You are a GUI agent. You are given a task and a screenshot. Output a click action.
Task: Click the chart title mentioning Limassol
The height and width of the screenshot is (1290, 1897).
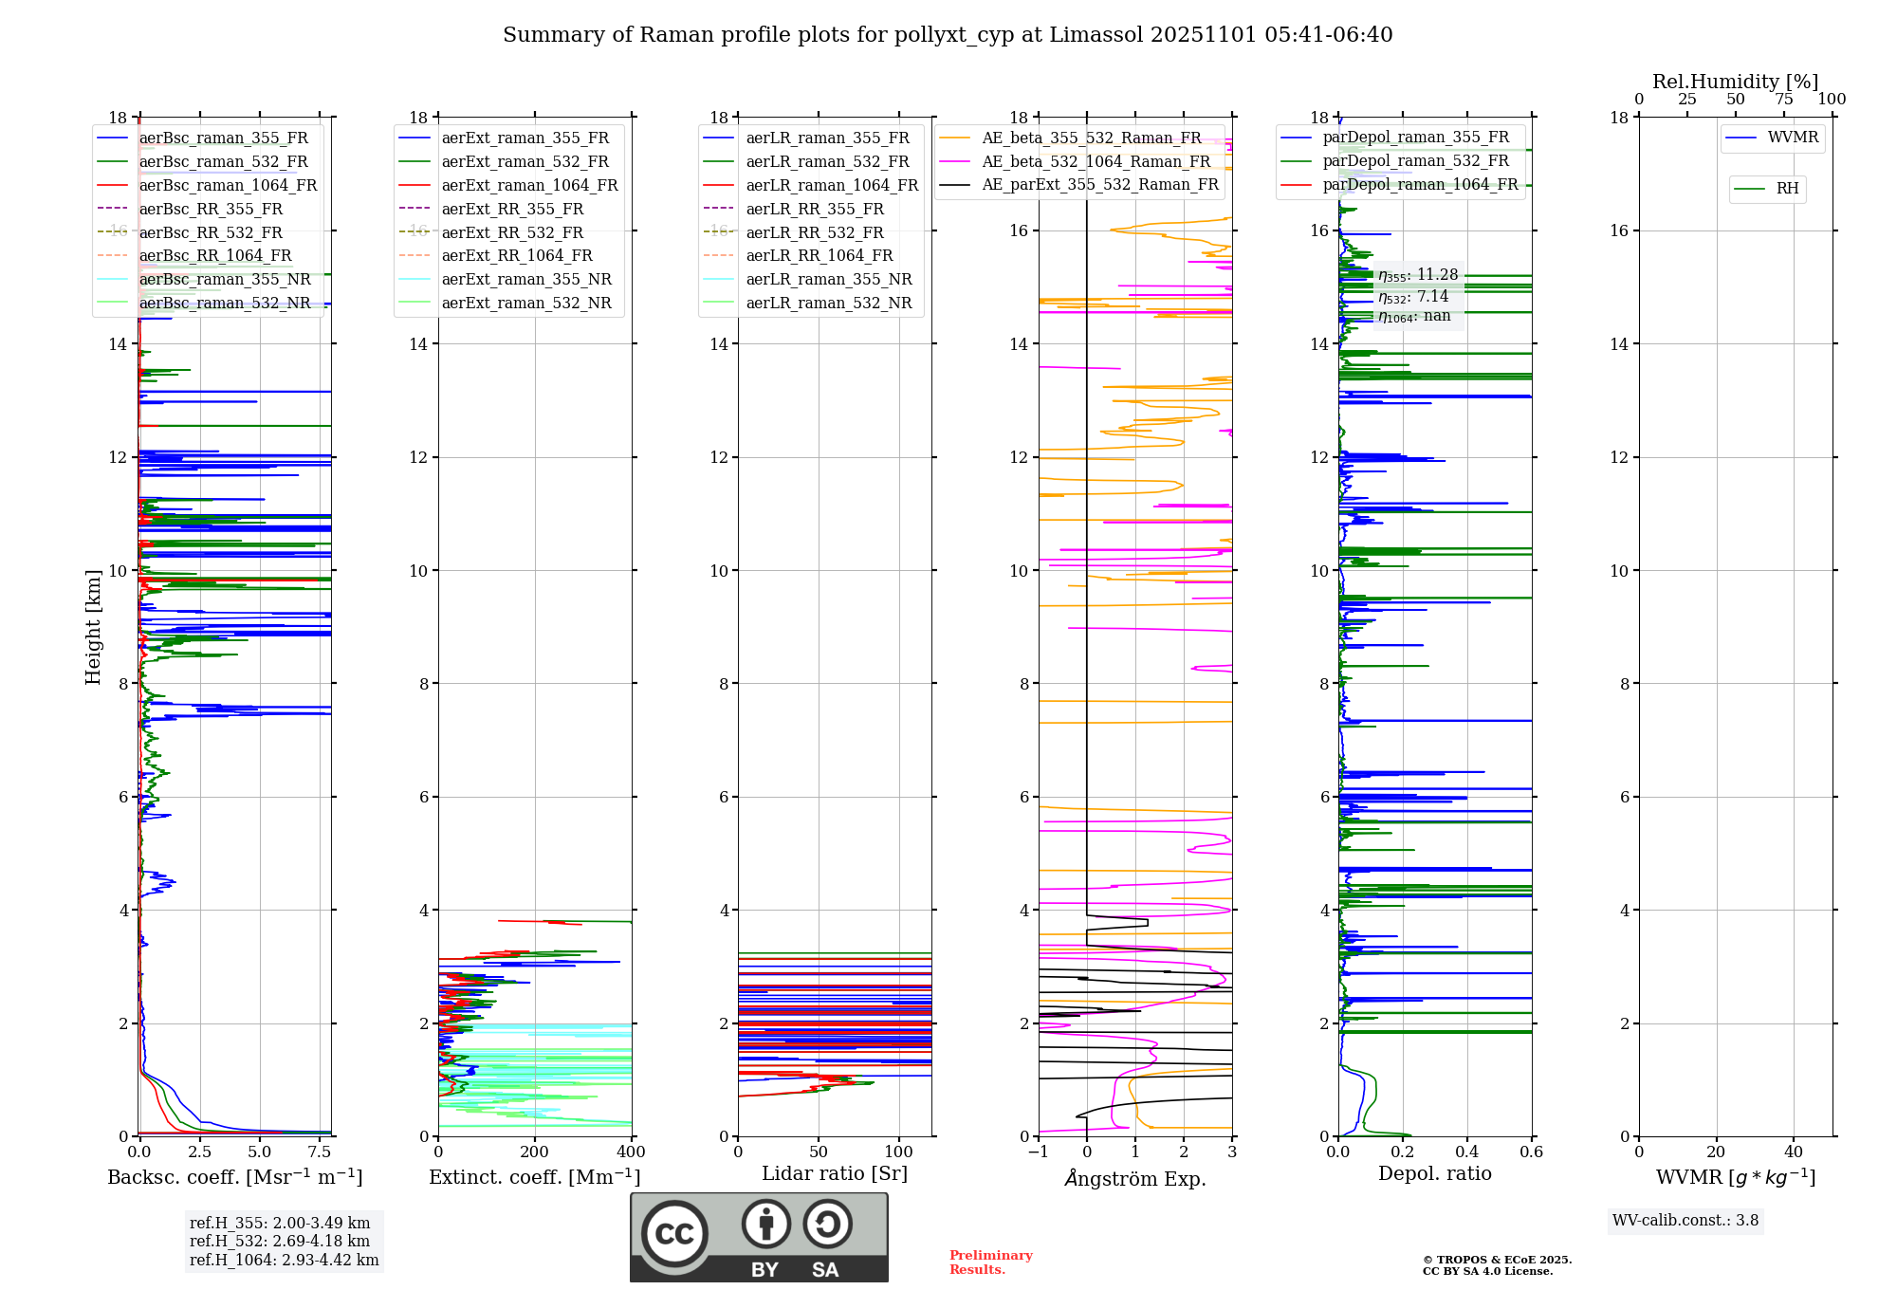click(948, 35)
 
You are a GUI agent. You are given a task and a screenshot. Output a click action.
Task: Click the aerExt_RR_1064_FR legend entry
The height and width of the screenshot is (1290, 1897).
click(517, 255)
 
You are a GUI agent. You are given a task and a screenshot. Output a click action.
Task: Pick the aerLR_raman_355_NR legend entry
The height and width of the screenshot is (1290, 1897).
click(828, 279)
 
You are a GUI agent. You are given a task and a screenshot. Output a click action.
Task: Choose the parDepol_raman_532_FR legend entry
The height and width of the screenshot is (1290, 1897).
click(1415, 160)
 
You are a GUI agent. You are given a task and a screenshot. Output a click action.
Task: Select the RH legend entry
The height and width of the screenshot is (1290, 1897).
click(1787, 189)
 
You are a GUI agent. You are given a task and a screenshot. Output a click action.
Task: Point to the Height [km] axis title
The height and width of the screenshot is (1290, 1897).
click(93, 626)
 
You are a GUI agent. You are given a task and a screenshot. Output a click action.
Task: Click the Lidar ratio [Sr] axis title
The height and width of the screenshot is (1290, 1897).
click(835, 1173)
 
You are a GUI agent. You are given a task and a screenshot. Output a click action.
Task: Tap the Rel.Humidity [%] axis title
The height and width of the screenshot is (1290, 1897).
click(1736, 82)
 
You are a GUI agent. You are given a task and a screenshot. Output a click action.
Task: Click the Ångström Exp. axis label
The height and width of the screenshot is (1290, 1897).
click(1135, 1178)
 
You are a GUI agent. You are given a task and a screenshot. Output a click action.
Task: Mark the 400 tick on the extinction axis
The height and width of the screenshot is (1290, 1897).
click(632, 1152)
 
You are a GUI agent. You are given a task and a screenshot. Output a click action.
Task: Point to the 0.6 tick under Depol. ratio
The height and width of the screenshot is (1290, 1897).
click(1532, 1152)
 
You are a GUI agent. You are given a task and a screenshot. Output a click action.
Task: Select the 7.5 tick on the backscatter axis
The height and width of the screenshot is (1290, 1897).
click(320, 1152)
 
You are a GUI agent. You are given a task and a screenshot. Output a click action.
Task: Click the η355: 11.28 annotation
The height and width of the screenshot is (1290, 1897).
click(1418, 275)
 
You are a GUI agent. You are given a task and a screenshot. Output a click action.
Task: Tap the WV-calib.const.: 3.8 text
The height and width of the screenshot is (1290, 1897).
click(1685, 1220)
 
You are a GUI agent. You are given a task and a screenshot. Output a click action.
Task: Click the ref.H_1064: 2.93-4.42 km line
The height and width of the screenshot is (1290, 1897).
click(284, 1260)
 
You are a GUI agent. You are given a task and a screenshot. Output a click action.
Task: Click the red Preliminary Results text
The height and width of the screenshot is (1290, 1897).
click(990, 1262)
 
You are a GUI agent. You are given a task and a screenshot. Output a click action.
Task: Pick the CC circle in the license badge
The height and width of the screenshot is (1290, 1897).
click(674, 1234)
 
